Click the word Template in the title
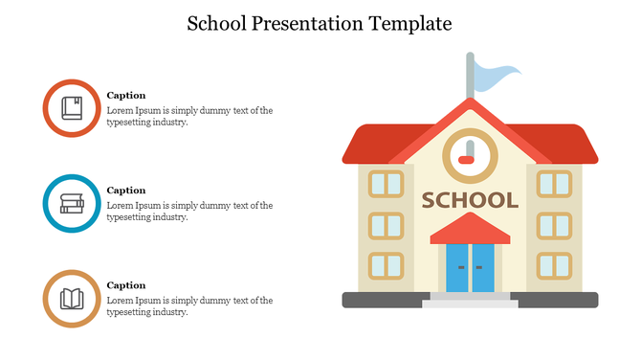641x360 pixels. pos(406,23)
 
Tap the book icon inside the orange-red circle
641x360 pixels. pos(72,108)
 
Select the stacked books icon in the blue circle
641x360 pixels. pos(72,203)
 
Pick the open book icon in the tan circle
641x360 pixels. pos(72,299)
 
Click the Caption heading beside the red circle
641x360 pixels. pos(126,95)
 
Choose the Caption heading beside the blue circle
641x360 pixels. pos(126,191)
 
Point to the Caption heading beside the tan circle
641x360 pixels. pos(126,285)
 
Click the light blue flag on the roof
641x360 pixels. pos(497,76)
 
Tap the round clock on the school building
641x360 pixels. pos(470,153)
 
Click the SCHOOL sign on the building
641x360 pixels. pos(470,200)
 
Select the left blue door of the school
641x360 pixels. pos(458,268)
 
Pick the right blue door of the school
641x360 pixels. pos(482,268)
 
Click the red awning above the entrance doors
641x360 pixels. pos(470,230)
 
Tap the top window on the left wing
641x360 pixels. pos(387,184)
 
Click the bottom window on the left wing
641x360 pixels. pos(387,265)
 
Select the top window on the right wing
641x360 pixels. pos(554,184)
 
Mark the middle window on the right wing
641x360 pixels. pos(554,225)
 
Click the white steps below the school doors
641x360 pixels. pos(470,303)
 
